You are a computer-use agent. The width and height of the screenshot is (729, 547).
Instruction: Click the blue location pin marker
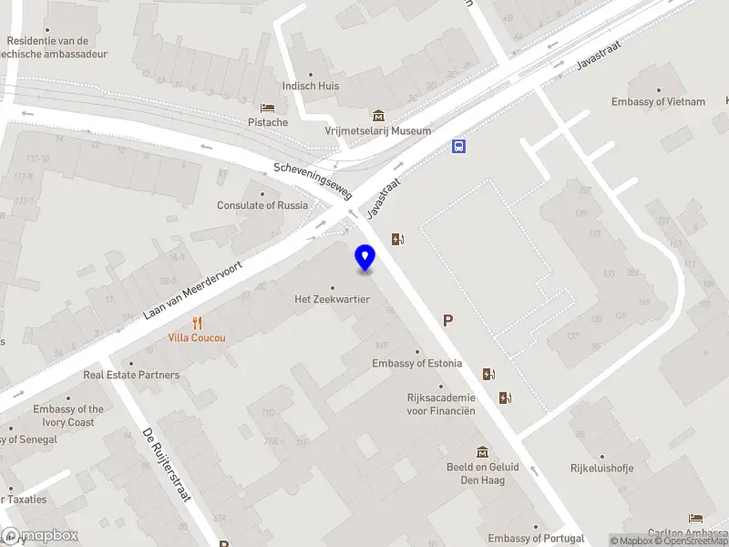pyautogui.click(x=365, y=257)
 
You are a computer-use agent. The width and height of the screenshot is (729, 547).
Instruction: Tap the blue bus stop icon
pyautogui.click(x=459, y=146)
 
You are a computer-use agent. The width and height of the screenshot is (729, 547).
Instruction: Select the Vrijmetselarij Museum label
pyautogui.click(x=378, y=131)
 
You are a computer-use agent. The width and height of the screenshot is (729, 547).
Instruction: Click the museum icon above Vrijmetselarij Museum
pyautogui.click(x=378, y=116)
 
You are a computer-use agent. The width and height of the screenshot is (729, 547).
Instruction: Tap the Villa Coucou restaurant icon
pyautogui.click(x=197, y=323)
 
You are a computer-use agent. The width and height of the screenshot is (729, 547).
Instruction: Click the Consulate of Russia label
pyautogui.click(x=262, y=205)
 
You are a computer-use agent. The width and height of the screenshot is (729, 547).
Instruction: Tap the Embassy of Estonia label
pyautogui.click(x=417, y=364)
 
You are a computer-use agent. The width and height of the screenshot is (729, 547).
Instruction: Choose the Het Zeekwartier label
pyautogui.click(x=332, y=299)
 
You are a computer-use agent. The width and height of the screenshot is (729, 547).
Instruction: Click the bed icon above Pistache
pyautogui.click(x=267, y=108)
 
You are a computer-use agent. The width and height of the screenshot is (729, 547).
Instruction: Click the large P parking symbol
pyautogui.click(x=447, y=320)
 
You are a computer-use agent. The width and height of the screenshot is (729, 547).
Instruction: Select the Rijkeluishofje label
pyautogui.click(x=601, y=470)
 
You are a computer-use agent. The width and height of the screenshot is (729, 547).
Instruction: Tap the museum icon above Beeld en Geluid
pyautogui.click(x=482, y=452)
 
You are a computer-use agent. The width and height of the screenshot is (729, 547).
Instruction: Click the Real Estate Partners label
pyautogui.click(x=132, y=375)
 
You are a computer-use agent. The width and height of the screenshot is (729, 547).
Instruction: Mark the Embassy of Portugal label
pyautogui.click(x=534, y=539)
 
